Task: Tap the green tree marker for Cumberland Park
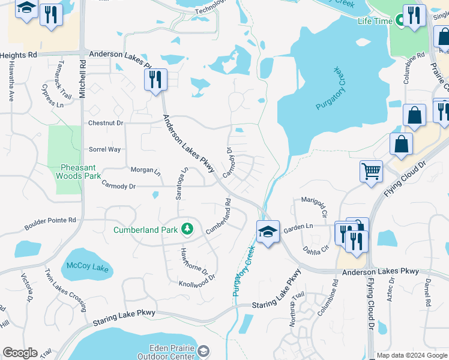point(187,229)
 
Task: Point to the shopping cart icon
point(371,170)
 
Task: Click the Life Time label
point(375,21)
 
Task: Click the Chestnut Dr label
point(106,123)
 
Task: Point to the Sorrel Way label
point(104,149)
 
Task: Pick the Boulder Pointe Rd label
point(50,224)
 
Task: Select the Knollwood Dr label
point(197,281)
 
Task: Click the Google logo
point(20,353)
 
